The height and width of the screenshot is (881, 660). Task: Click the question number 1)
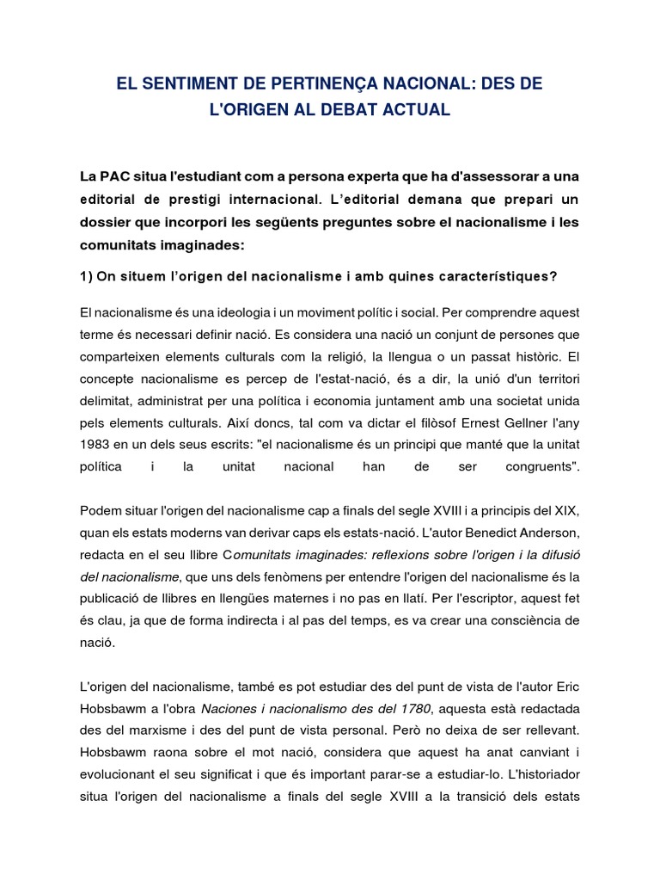tap(87, 276)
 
